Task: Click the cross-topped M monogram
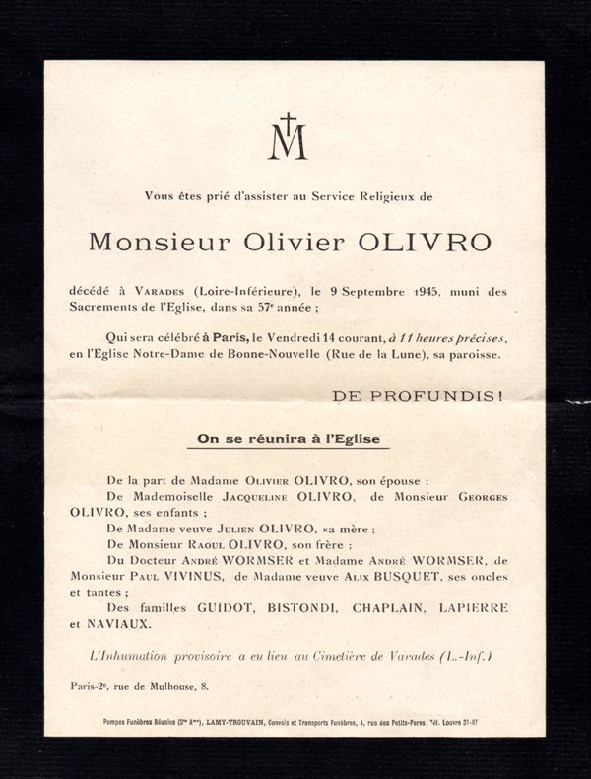coord(288,138)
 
